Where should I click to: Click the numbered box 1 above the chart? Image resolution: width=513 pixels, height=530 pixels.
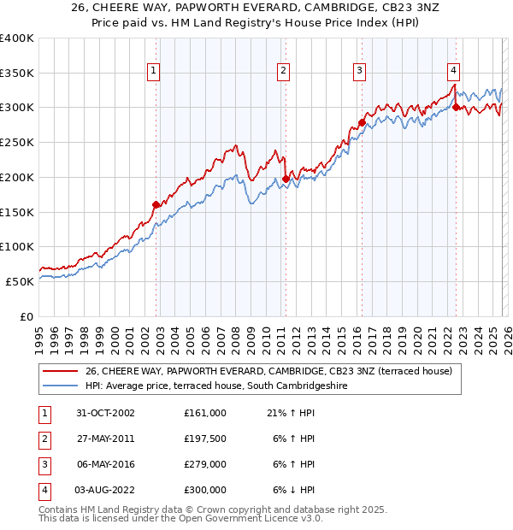153,72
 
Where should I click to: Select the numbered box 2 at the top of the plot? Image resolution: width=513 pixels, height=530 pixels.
282,72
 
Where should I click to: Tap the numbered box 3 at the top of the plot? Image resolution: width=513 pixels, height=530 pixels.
360,72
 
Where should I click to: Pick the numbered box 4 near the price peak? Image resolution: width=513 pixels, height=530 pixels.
453,72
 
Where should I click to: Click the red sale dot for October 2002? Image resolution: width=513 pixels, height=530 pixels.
156,204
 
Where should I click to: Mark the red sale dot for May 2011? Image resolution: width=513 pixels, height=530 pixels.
286,180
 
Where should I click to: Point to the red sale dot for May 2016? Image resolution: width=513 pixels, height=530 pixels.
362,123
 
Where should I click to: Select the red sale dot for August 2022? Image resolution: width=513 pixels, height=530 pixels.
456,108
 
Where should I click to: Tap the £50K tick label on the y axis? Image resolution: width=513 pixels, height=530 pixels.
20,281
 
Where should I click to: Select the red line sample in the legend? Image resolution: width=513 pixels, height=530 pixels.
61,372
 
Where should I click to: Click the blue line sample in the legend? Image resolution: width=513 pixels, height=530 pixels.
61,386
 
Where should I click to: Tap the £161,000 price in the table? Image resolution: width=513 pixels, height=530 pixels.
205,413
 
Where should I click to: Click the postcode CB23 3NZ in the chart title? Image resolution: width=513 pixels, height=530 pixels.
385,8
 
